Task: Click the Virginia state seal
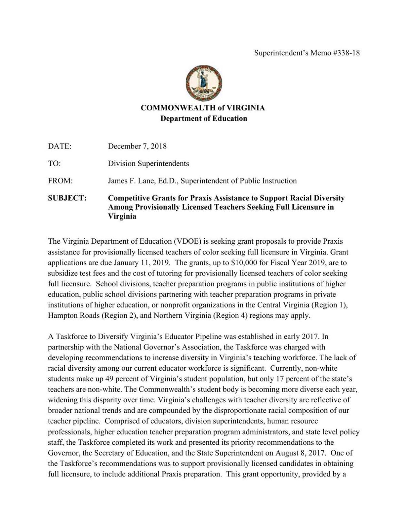pyautogui.click(x=204, y=83)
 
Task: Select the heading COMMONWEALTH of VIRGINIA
pyautogui.click(x=203, y=108)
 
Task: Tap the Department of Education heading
pyautogui.click(x=204, y=119)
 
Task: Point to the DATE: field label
pyautogui.click(x=60, y=146)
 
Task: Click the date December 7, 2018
pyautogui.click(x=137, y=146)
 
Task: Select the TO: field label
pyautogui.click(x=54, y=163)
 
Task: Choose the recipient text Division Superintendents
pyautogui.click(x=148, y=163)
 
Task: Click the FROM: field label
pyautogui.click(x=60, y=181)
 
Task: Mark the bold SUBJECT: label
pyautogui.click(x=67, y=198)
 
